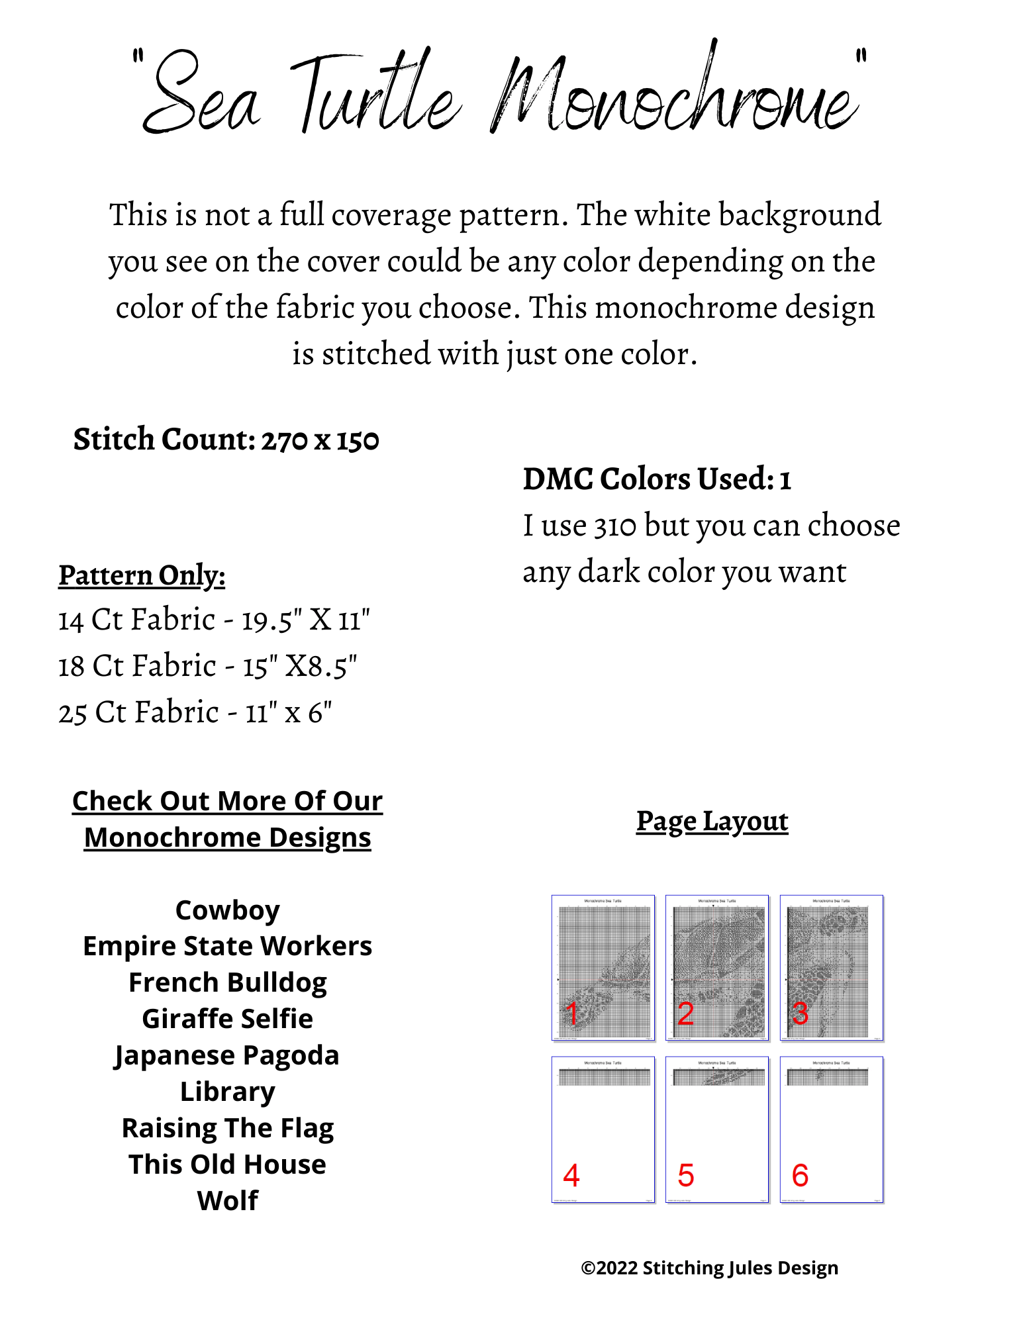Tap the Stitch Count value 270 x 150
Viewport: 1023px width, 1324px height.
click(320, 440)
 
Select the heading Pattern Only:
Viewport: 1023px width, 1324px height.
click(142, 575)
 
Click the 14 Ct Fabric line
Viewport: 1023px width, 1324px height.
click(214, 620)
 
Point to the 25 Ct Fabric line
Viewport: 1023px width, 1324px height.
click(195, 713)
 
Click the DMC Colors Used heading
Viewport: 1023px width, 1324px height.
click(657, 479)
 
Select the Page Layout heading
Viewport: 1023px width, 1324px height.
click(712, 821)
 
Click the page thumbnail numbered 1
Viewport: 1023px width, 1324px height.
click(603, 967)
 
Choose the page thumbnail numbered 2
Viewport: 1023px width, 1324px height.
click(717, 967)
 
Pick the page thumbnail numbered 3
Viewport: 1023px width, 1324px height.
click(832, 967)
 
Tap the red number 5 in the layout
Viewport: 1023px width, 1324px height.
click(686, 1176)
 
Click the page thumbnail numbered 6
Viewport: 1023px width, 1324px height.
click(832, 1129)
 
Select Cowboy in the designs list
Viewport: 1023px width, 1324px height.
click(228, 910)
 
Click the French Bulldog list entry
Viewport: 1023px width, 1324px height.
click(228, 982)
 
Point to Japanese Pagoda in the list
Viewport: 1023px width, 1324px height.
click(226, 1055)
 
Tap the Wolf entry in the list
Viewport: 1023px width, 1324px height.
click(228, 1200)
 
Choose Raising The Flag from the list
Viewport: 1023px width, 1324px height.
click(228, 1128)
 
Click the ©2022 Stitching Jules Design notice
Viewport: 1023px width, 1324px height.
click(709, 1268)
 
